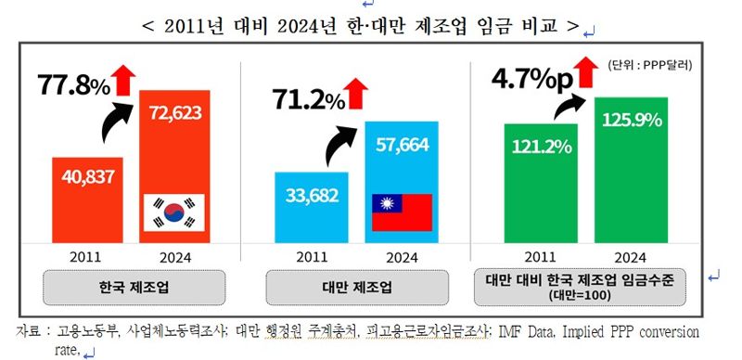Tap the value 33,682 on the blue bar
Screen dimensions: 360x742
point(312,196)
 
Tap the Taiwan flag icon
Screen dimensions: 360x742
point(402,212)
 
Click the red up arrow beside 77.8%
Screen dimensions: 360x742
point(124,78)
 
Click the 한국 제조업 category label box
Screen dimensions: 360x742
point(134,287)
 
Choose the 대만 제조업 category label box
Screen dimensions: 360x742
point(358,287)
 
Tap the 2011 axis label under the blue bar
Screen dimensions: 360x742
point(312,257)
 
